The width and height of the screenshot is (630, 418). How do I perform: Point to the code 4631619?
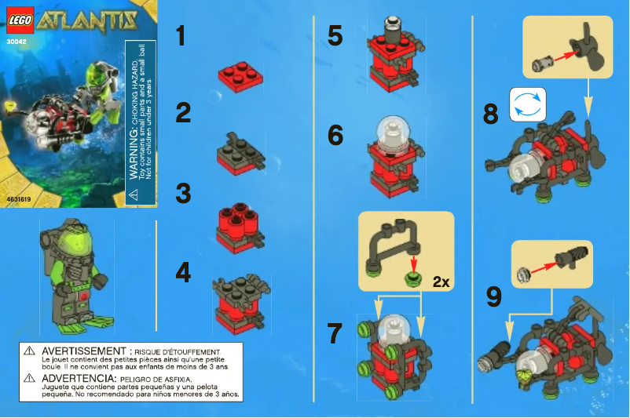[20, 200]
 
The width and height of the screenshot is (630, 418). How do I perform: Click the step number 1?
[181, 36]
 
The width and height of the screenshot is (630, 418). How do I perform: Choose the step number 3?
[183, 193]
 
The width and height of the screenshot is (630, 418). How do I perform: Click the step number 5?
[335, 35]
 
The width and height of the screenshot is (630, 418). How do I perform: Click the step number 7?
[335, 333]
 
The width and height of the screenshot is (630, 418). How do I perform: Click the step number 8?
[490, 115]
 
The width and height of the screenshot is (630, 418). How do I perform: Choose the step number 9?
[494, 296]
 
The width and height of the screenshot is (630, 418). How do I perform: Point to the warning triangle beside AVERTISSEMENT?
[28, 351]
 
